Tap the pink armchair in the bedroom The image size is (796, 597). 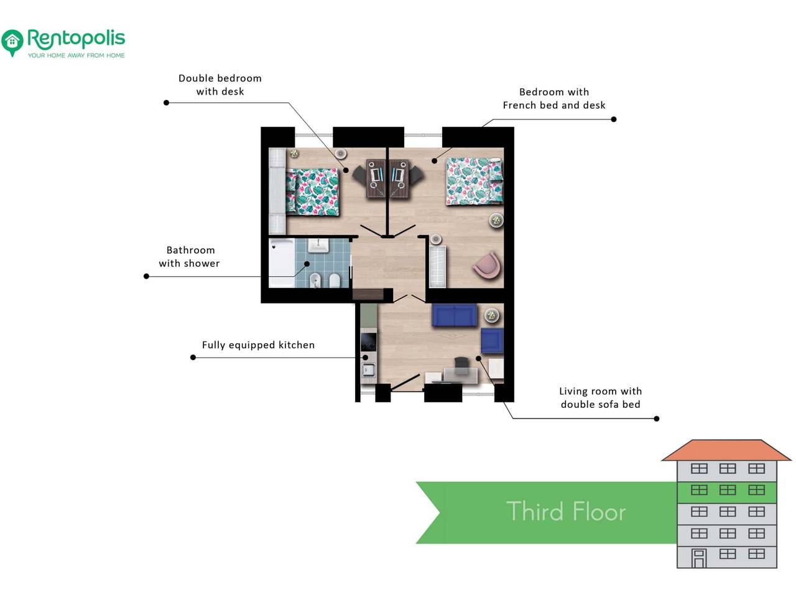pos(487,266)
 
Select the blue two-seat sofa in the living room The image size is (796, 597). pos(454,315)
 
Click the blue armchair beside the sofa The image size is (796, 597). pos(492,340)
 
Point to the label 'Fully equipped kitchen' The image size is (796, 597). pos(258,345)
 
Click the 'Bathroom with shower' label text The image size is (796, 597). pos(189,257)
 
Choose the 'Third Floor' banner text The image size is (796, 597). pos(566,511)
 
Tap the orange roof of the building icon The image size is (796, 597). pos(726,451)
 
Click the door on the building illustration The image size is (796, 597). pos(699,558)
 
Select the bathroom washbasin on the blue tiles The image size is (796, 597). pos(318,245)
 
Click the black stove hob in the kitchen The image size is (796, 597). pos(368,341)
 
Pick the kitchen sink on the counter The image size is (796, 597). pos(368,371)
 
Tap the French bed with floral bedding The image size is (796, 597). pos(474,181)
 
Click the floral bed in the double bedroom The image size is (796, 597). pos(312,192)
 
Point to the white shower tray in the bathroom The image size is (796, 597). pos(282,262)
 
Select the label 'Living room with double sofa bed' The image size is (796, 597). pos(601,397)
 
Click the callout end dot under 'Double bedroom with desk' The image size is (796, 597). pos(167,103)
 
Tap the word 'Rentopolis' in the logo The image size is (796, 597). pos(76,39)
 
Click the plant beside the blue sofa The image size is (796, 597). pos(492,315)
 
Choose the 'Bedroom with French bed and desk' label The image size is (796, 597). pos(553,99)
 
